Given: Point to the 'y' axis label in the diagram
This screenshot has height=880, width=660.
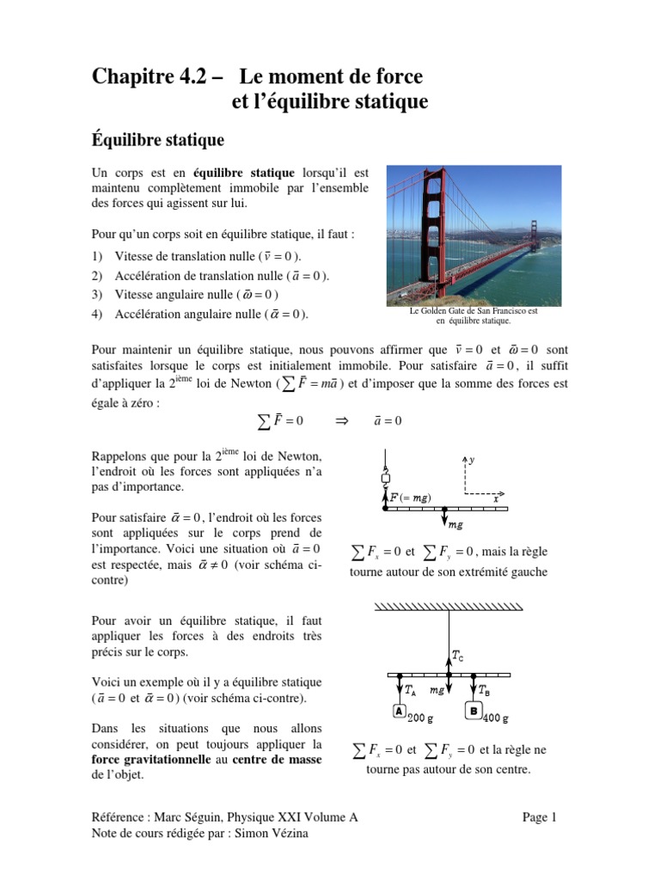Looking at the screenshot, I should click(472, 461).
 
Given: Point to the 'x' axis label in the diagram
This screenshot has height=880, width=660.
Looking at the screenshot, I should click(496, 498).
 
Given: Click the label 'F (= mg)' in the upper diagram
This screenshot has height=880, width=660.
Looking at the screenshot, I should click(410, 498).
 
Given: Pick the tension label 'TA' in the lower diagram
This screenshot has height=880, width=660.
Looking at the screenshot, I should click(411, 689).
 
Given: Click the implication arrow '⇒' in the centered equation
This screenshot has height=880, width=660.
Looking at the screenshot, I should click(339, 421).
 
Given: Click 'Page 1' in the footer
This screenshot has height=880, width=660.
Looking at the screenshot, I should click(541, 817).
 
